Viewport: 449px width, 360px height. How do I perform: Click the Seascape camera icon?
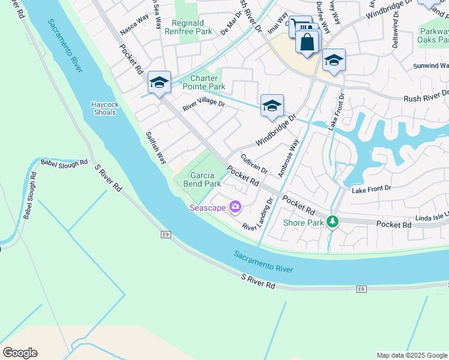coord(235,208)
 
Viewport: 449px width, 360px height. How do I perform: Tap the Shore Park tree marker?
coord(331,223)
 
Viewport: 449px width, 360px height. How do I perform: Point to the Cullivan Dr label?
coord(253,164)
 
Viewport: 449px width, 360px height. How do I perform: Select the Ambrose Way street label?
coord(288,158)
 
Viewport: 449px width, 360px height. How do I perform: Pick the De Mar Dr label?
coord(231,26)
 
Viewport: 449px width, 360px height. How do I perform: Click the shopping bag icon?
coord(307,43)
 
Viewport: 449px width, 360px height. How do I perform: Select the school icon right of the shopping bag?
coord(334,61)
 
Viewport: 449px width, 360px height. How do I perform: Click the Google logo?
coord(20,353)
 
